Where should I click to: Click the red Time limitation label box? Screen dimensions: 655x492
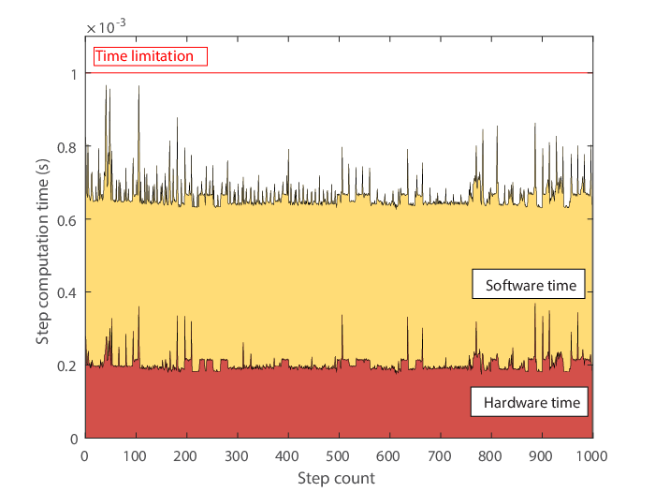pyautogui.click(x=151, y=56)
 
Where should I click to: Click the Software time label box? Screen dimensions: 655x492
pyautogui.click(x=529, y=284)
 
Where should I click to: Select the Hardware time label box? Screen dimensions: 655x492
pyautogui.click(x=530, y=402)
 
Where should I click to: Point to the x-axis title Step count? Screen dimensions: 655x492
pyautogui.click(x=336, y=478)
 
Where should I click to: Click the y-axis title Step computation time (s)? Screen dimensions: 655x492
pyautogui.click(x=42, y=251)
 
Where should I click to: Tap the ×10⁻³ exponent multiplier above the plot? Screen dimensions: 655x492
pyautogui.click(x=106, y=26)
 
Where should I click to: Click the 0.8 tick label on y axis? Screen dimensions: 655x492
pyautogui.click(x=67, y=147)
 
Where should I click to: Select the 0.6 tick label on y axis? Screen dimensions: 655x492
pyautogui.click(x=67, y=220)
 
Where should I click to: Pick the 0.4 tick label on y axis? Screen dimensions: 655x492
pyautogui.click(x=67, y=293)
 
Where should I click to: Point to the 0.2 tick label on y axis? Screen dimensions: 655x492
pyautogui.click(x=67, y=366)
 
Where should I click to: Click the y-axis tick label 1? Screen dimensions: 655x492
pyautogui.click(x=74, y=74)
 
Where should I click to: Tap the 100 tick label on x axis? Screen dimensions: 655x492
pyautogui.click(x=135, y=455)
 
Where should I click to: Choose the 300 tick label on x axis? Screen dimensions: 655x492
pyautogui.click(x=237, y=455)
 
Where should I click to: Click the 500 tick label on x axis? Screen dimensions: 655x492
pyautogui.click(x=338, y=455)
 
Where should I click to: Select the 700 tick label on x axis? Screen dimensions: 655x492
pyautogui.click(x=440, y=455)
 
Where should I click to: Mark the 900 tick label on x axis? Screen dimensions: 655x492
pyautogui.click(x=541, y=455)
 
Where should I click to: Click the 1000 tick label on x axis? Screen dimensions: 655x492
pyautogui.click(x=592, y=455)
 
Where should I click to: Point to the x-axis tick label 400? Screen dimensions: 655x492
pyautogui.click(x=287, y=455)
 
